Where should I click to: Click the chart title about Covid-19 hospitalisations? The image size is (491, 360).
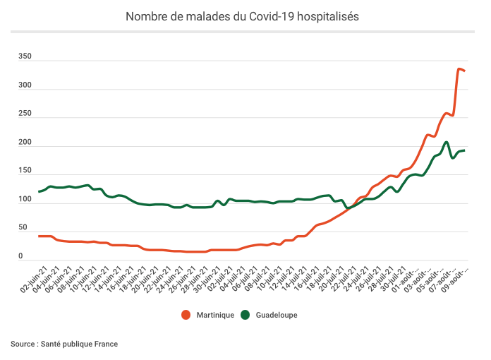pos(242,16)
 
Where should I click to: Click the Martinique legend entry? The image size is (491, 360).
pos(213,315)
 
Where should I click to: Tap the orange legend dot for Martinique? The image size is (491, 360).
pos(186,315)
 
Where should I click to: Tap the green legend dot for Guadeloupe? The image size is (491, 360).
pos(245,315)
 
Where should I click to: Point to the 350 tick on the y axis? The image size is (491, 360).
pos(25,56)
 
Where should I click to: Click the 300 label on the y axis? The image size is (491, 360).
pos(25,85)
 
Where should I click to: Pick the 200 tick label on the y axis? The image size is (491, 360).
pos(25,143)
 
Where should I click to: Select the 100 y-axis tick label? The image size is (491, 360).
pos(25,200)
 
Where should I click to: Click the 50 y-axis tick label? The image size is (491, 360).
pos(23,228)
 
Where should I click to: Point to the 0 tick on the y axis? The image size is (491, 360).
pos(21,257)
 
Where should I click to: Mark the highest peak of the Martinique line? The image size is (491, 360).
pos(459,68)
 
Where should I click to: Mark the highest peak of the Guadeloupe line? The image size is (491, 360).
pos(447,143)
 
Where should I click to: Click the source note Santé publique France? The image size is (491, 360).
pos(64,344)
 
